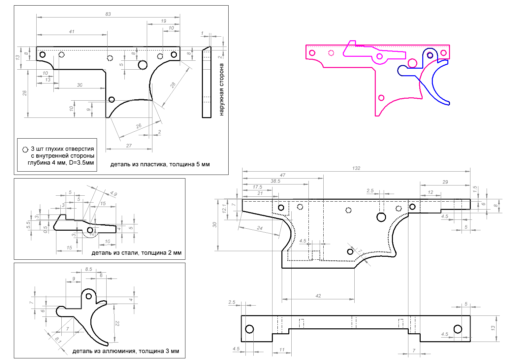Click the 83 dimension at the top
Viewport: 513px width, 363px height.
108,14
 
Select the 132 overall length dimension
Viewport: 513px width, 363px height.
356,168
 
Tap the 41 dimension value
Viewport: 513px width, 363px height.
72,32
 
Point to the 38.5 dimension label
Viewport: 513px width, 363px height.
275,181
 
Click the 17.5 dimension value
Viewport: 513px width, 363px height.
258,187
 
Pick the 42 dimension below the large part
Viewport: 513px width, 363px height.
318,296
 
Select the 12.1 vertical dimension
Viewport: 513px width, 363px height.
225,208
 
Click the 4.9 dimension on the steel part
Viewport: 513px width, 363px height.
113,194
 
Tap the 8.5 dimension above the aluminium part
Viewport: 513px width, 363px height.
88,269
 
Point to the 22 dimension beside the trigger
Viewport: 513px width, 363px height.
117,324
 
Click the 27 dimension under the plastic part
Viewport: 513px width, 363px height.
129,146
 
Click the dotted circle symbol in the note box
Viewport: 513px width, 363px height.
25,149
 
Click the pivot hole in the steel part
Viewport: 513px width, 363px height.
90,230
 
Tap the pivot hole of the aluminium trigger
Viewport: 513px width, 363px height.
89,296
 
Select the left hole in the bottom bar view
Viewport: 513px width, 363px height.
250,329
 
